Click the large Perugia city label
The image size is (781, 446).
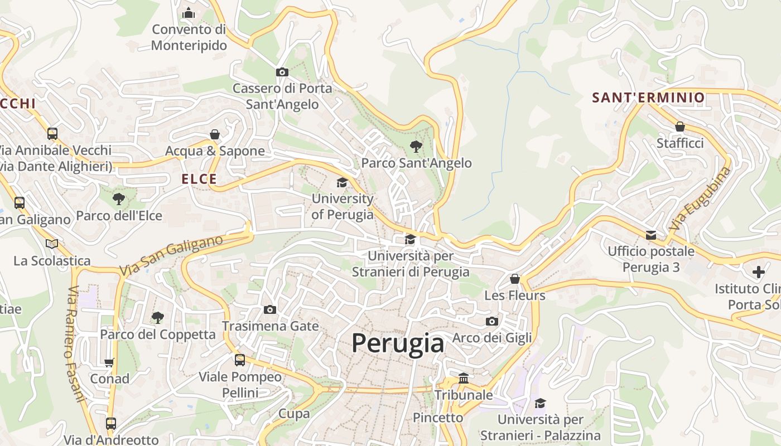(x=398, y=343)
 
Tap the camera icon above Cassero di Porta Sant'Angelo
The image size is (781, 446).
(x=282, y=72)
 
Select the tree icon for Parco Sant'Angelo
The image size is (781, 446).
(x=416, y=147)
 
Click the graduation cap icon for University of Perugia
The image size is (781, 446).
(x=342, y=182)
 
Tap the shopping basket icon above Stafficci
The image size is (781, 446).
(x=679, y=127)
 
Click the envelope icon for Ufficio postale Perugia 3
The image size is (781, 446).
(x=651, y=235)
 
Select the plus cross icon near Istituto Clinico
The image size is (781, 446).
(x=758, y=272)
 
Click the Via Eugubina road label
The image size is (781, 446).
(x=700, y=199)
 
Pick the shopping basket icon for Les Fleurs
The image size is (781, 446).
(x=514, y=278)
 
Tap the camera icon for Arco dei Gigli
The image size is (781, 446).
(x=491, y=321)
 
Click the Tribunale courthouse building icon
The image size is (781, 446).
(x=463, y=379)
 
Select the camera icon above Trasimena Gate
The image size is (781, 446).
(x=270, y=309)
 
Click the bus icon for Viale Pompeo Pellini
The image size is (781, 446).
(x=240, y=360)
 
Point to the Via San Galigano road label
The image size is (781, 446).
(x=171, y=255)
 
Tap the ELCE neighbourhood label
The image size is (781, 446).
(x=199, y=179)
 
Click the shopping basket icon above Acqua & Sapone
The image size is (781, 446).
(x=215, y=134)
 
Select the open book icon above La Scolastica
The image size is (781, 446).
(x=52, y=244)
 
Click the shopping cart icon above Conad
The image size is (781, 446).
(x=109, y=362)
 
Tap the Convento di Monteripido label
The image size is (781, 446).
(x=189, y=37)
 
